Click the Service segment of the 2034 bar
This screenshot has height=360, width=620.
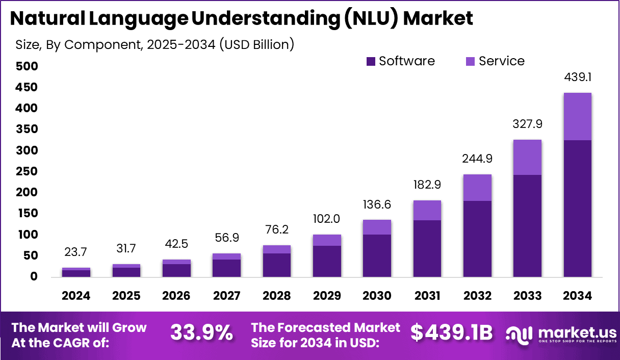point(577,116)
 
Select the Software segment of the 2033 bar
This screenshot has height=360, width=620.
point(527,225)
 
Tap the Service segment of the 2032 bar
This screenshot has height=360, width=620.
point(477,187)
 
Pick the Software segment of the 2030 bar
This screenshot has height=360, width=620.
point(377,255)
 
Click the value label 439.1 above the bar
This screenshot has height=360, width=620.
point(577,78)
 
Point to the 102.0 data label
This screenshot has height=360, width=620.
point(327,219)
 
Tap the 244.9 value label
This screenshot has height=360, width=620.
point(477,159)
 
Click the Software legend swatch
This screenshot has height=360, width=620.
point(371,62)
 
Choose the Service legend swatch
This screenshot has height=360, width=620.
point(470,62)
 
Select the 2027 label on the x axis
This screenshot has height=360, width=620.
point(226,296)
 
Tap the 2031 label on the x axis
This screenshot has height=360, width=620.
point(427,296)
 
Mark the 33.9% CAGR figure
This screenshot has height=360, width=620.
point(201,332)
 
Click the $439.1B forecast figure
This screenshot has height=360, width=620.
point(452,332)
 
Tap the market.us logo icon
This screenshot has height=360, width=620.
point(519,333)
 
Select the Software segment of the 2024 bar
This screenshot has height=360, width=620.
point(76,273)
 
